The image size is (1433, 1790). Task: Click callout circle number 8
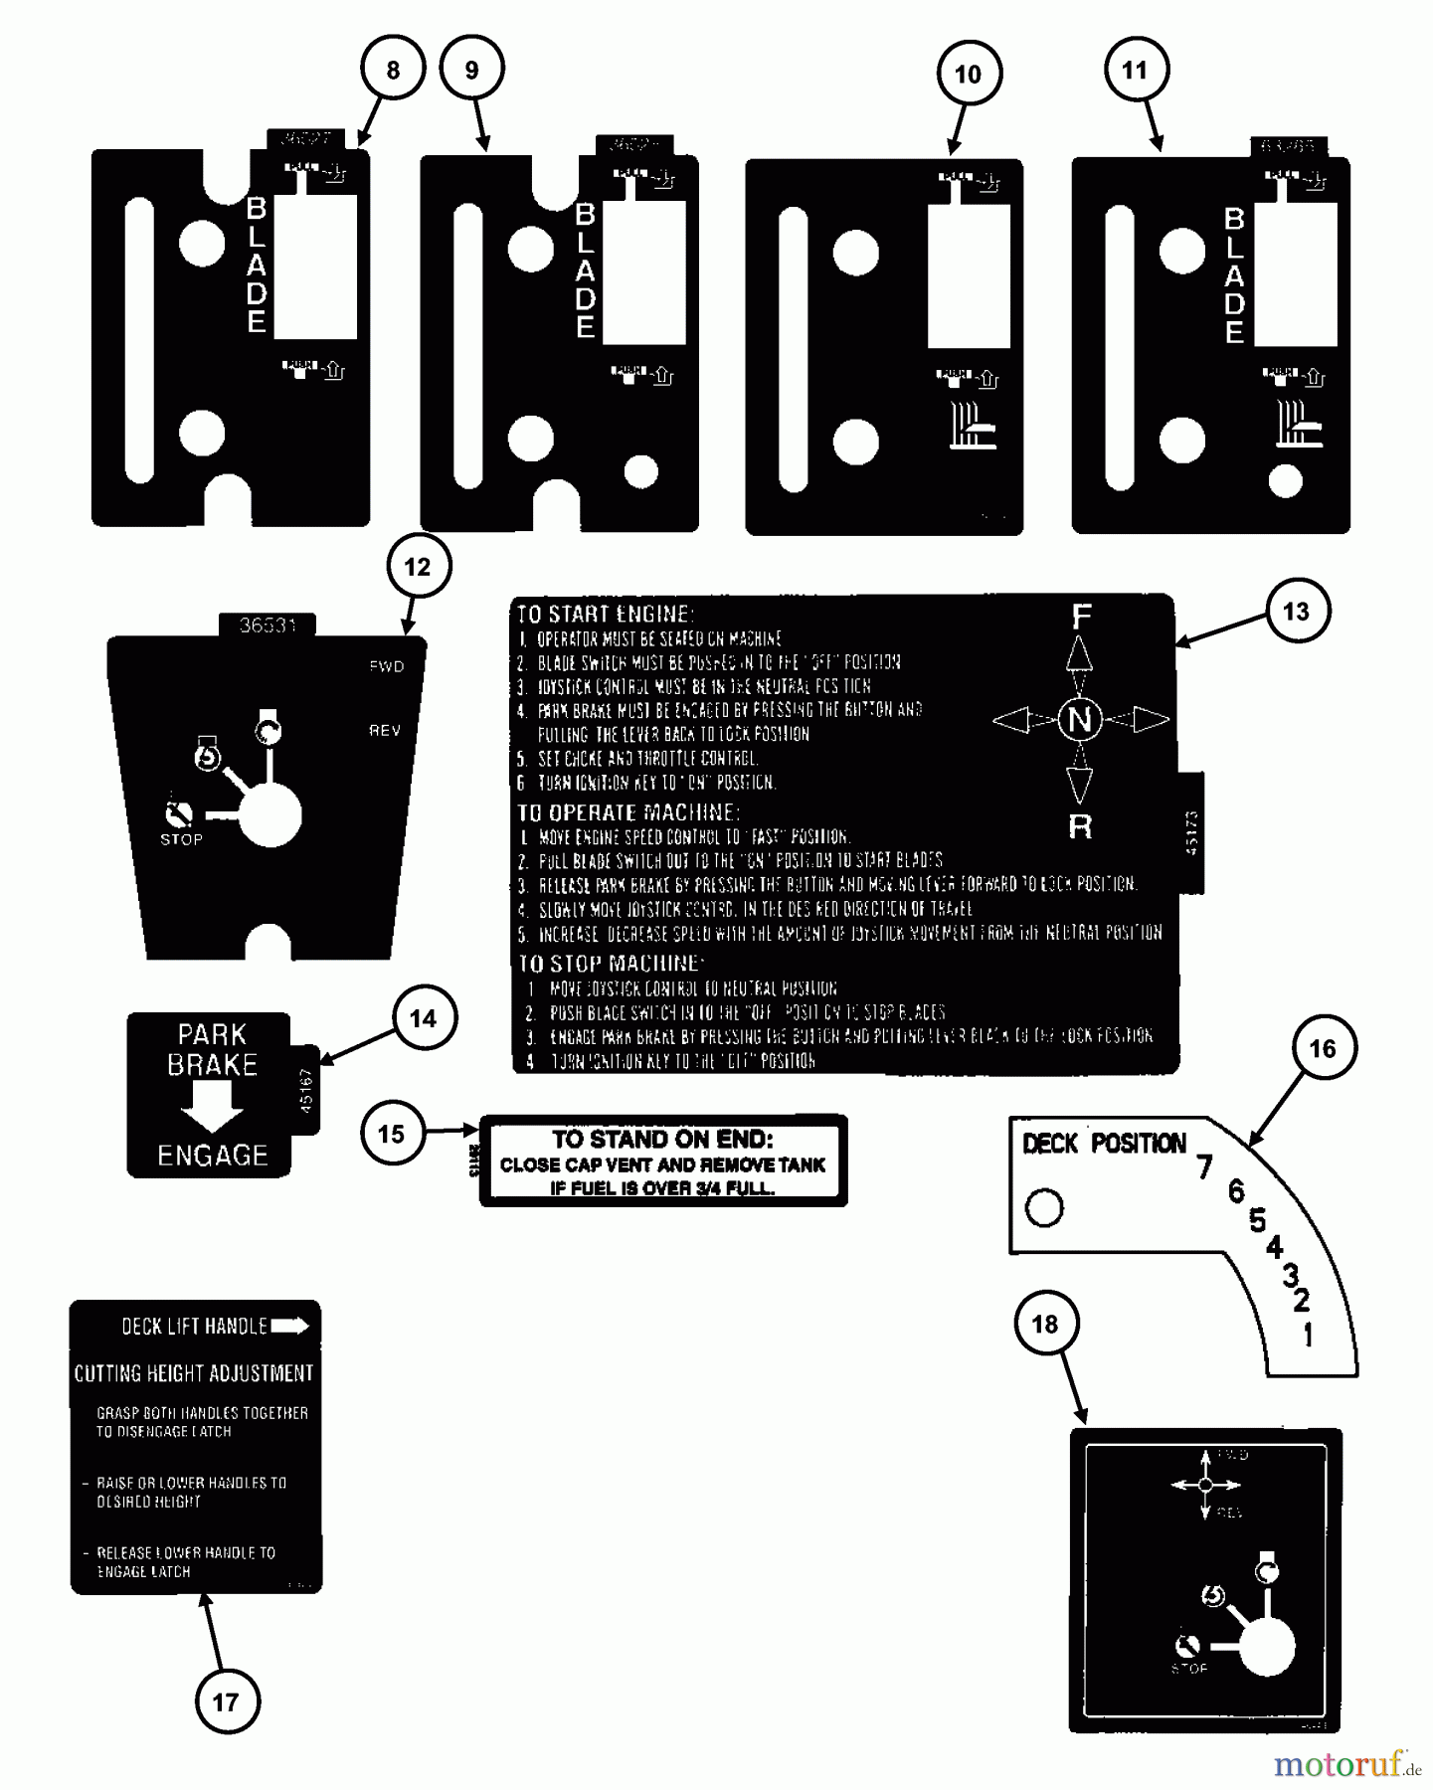click(393, 70)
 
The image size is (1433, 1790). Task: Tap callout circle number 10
click(968, 74)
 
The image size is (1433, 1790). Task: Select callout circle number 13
click(1296, 612)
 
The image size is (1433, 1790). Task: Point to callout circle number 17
click(226, 1701)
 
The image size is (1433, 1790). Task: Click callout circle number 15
click(391, 1134)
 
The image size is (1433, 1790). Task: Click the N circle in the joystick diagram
click(1080, 719)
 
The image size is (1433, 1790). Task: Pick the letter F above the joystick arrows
click(1081, 618)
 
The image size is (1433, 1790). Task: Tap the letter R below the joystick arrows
click(1080, 826)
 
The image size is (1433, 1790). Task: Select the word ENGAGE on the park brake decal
click(213, 1156)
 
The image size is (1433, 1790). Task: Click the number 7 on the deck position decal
click(1205, 1165)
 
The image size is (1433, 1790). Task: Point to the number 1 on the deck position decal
click(1309, 1335)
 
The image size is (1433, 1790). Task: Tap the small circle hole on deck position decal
click(1044, 1208)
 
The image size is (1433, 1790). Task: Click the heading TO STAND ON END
click(662, 1140)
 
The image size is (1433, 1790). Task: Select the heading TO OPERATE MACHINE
click(627, 812)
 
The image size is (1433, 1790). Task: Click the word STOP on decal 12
click(181, 839)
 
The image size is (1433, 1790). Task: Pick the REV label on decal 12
click(385, 731)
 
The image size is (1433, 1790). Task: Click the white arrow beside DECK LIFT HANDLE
click(290, 1326)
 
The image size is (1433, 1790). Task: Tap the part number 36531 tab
click(268, 626)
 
